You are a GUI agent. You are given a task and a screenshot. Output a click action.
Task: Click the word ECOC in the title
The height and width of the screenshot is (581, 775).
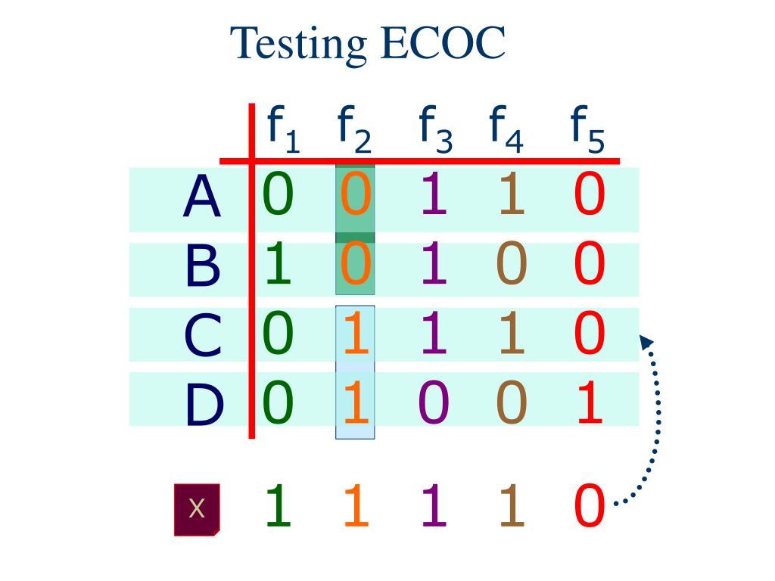pyautogui.click(x=444, y=44)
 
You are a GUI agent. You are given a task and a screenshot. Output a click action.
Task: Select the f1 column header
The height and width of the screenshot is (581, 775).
pyautogui.click(x=282, y=129)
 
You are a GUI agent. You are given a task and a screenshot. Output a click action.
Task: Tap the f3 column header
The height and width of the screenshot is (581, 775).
pyautogui.click(x=435, y=129)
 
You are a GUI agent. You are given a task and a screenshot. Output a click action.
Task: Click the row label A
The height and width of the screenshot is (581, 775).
pyautogui.click(x=202, y=197)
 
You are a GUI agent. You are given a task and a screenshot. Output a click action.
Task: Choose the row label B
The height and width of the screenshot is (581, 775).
pyautogui.click(x=202, y=266)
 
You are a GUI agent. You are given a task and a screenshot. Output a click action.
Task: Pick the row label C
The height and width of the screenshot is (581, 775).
pyautogui.click(x=202, y=336)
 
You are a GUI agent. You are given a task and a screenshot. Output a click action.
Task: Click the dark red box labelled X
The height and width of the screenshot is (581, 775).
pyautogui.click(x=197, y=509)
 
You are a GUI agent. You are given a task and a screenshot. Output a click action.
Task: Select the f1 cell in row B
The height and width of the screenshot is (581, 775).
pyautogui.click(x=278, y=265)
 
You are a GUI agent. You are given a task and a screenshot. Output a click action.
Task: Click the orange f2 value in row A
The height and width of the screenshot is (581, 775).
pyautogui.click(x=355, y=194)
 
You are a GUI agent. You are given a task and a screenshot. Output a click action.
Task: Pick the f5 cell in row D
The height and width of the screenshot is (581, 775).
pyautogui.click(x=590, y=403)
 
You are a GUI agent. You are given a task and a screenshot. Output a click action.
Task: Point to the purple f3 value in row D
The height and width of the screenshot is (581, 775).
pyautogui.click(x=434, y=403)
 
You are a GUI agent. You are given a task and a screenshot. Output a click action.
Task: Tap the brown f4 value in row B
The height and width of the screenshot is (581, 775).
pyautogui.click(x=511, y=265)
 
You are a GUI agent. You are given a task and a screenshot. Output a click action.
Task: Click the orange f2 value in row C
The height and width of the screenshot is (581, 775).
pyautogui.click(x=355, y=334)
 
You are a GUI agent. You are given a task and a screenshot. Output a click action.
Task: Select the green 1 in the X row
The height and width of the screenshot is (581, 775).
pyautogui.click(x=278, y=506)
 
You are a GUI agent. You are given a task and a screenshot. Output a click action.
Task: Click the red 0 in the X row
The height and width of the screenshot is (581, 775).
pyautogui.click(x=590, y=506)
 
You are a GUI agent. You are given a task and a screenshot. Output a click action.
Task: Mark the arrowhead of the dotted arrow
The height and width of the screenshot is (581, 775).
pyautogui.click(x=646, y=341)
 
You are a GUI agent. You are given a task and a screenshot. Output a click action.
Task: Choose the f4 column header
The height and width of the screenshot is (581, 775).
pyautogui.click(x=507, y=129)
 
